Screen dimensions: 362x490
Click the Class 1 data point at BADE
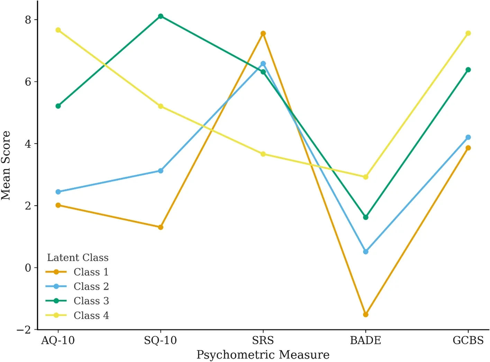pyautogui.click(x=365, y=315)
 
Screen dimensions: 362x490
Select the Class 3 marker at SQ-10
pyautogui.click(x=161, y=16)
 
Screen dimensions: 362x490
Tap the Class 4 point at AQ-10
pyautogui.click(x=58, y=30)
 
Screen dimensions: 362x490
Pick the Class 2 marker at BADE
pyautogui.click(x=365, y=251)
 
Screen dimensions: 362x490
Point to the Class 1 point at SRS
pyautogui.click(x=263, y=34)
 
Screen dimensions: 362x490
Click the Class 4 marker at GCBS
pyautogui.click(x=468, y=33)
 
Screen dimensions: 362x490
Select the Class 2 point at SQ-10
pyautogui.click(x=161, y=171)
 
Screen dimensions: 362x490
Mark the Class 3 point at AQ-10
pyautogui.click(x=58, y=106)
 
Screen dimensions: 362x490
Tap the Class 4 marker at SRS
pyautogui.click(x=263, y=154)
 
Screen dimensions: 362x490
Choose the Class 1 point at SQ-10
pyautogui.click(x=161, y=227)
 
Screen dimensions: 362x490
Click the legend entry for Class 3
pyautogui.click(x=91, y=301)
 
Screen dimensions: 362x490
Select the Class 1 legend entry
pyautogui.click(x=91, y=272)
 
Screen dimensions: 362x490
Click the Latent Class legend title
pyautogui.click(x=78, y=258)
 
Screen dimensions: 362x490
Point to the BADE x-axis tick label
pyautogui.click(x=365, y=341)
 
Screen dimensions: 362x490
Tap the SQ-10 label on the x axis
pyautogui.click(x=161, y=341)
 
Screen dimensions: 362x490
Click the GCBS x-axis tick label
pyautogui.click(x=468, y=341)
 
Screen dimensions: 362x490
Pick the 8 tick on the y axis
pyautogui.click(x=28, y=20)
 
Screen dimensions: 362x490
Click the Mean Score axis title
pyautogui.click(x=6, y=166)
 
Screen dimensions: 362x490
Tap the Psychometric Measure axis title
pyautogui.click(x=263, y=355)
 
